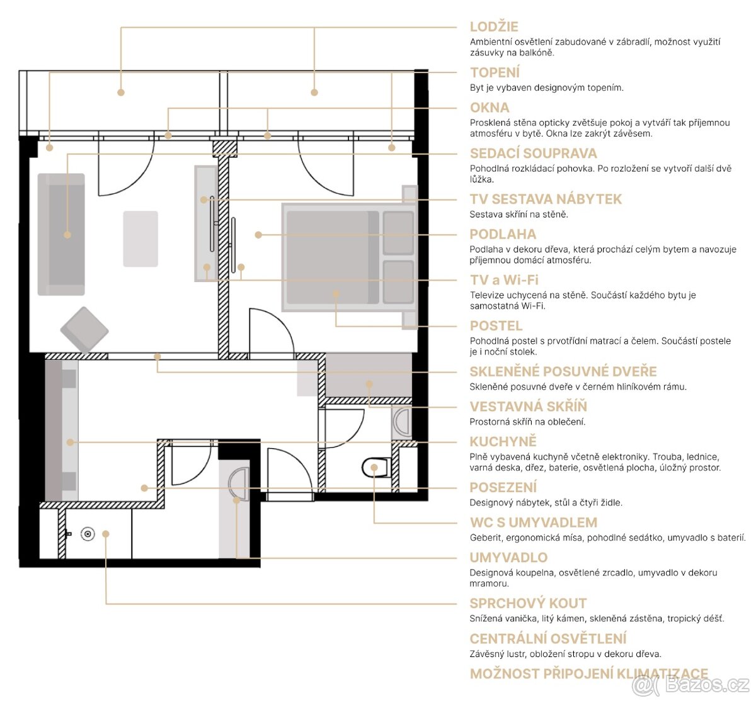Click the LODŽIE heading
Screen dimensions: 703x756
click(494, 27)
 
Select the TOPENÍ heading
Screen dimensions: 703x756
click(495, 73)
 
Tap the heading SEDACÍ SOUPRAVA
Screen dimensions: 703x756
click(533, 154)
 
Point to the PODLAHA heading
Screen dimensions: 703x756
click(503, 235)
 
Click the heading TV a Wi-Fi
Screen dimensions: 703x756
click(503, 280)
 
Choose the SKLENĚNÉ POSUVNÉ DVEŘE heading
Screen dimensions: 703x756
click(563, 372)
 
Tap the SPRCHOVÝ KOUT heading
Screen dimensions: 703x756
click(528, 604)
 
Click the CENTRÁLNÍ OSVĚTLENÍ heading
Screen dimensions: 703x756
click(547, 639)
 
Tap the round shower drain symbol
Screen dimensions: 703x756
click(88, 534)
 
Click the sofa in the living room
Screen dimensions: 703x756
click(61, 234)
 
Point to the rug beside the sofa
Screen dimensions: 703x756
click(140, 239)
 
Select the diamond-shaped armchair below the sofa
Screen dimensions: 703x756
click(84, 329)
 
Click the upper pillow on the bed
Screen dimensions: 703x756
click(398, 233)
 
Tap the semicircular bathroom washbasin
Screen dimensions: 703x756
click(238, 485)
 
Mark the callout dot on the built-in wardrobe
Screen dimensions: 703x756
click(370, 383)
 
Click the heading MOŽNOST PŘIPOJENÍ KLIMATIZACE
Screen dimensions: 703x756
click(588, 674)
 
